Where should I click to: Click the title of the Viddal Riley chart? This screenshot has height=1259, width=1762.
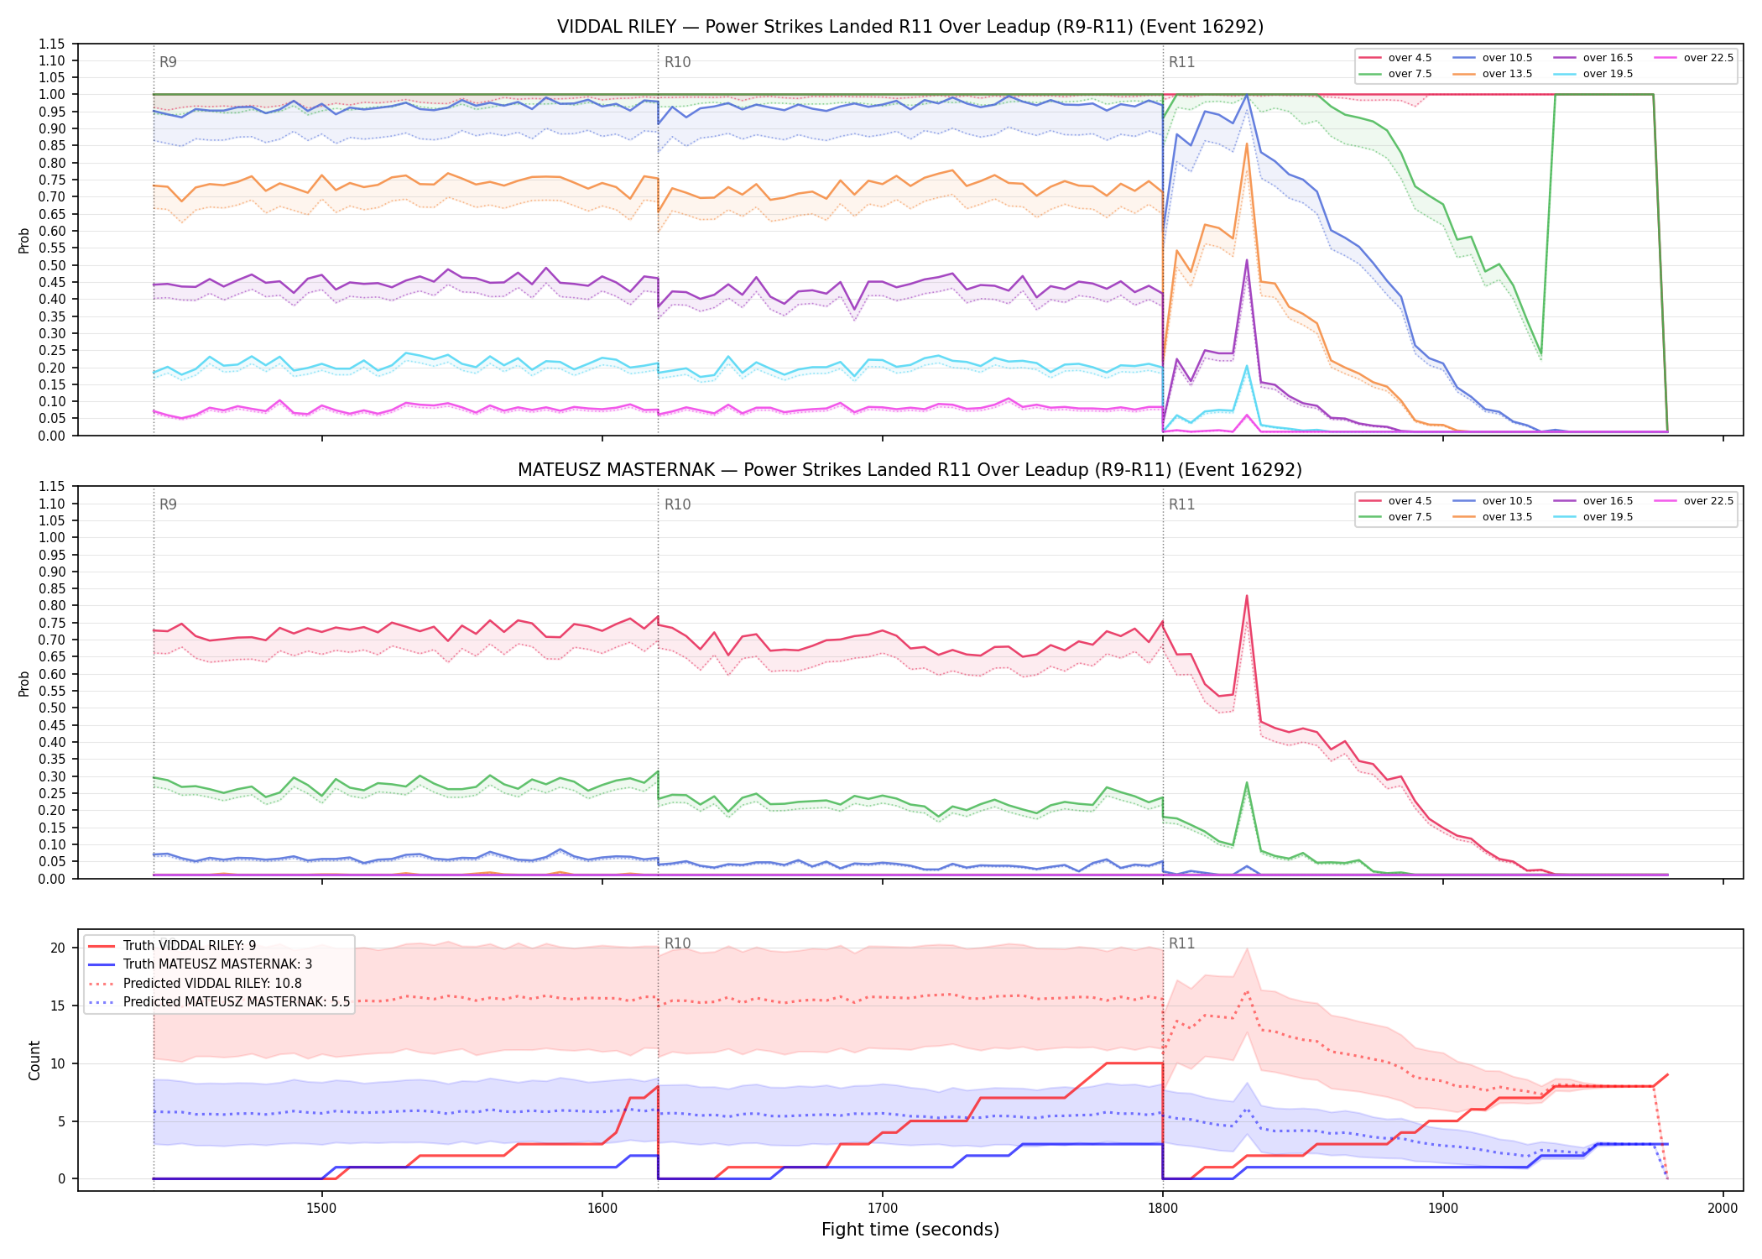point(910,27)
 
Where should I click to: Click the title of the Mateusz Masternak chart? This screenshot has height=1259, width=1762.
point(910,470)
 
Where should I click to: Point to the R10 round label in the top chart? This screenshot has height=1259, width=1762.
point(677,62)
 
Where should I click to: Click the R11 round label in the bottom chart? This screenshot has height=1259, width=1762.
point(1181,943)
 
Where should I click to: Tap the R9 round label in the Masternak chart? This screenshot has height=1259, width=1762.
point(168,504)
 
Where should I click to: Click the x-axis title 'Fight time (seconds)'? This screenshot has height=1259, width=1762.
point(910,1230)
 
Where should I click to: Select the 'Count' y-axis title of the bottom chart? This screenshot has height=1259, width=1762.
point(34,1060)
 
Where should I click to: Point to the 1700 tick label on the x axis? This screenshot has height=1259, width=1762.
point(882,1208)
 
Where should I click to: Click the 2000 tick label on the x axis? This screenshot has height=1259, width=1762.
point(1723,1208)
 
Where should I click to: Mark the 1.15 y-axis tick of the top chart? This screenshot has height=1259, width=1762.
point(53,44)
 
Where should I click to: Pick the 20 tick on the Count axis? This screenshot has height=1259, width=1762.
point(58,948)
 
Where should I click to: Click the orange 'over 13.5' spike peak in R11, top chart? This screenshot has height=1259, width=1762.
point(1247,144)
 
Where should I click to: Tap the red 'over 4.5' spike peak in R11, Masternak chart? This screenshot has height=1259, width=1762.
point(1247,596)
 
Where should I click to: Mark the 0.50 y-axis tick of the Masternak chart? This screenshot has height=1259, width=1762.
point(53,708)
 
